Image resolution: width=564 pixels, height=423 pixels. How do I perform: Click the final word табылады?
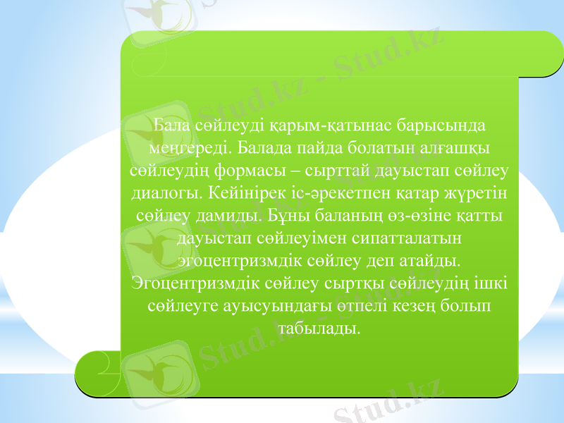(320, 329)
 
